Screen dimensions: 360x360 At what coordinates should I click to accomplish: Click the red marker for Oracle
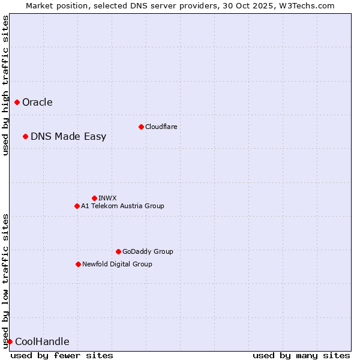point(17,103)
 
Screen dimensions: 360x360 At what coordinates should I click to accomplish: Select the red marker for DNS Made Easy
point(26,137)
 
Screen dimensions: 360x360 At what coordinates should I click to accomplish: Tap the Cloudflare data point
point(141,127)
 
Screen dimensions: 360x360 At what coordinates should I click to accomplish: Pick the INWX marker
point(94,198)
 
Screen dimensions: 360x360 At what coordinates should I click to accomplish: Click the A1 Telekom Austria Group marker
point(77,206)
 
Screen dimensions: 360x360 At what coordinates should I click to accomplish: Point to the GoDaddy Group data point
point(118,251)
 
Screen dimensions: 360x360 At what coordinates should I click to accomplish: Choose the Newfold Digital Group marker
point(78,264)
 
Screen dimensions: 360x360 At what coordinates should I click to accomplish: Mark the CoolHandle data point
point(10,342)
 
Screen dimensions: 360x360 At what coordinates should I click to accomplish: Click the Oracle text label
point(37,103)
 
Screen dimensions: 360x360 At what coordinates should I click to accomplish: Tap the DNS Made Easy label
point(68,137)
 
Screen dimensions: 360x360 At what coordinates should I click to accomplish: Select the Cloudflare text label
point(161,127)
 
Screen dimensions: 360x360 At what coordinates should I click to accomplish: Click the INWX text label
point(107,198)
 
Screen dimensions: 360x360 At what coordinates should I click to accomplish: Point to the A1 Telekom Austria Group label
point(122,206)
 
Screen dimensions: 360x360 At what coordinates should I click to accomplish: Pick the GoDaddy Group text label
point(148,251)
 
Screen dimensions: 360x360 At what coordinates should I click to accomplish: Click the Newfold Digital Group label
point(117,264)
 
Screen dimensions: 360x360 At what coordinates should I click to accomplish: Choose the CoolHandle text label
point(42,342)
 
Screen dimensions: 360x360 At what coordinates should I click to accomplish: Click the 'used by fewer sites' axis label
point(62,355)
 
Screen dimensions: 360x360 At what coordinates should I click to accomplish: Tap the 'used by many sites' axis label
point(301,355)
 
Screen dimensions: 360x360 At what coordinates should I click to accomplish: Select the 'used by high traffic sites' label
point(5,86)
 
